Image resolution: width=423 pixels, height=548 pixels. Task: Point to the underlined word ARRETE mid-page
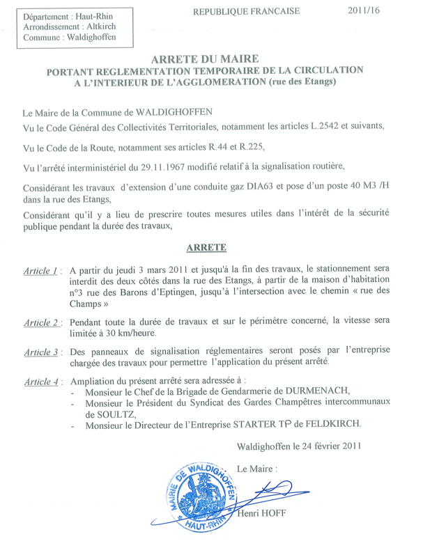pos(211,247)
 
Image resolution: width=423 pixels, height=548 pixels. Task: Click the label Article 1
pos(41,270)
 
